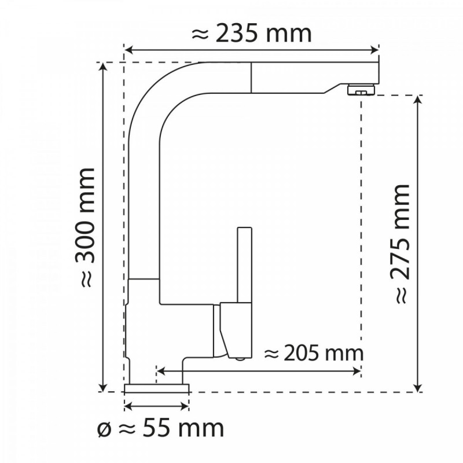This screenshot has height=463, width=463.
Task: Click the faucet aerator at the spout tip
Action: click(359, 90)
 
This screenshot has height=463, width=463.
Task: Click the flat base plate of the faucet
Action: click(157, 387)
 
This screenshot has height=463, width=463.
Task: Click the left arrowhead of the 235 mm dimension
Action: click(128, 50)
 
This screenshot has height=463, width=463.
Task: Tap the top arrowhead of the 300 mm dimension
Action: click(104, 67)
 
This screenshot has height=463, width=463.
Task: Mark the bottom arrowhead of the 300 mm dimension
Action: click(104, 387)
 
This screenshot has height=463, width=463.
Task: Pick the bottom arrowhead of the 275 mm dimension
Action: click(418, 387)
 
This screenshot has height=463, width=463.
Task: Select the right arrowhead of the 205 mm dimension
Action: click(358, 369)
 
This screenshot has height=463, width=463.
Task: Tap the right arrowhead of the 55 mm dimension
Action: click(186, 405)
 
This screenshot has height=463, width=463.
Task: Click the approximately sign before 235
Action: click(200, 34)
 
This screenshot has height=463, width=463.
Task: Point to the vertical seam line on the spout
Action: click(251, 76)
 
